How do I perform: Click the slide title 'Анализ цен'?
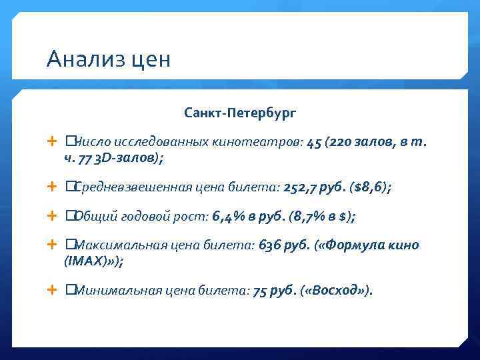pyautogui.click(x=109, y=59)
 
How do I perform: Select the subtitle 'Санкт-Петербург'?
pyautogui.click(x=240, y=113)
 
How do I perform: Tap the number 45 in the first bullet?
pyautogui.click(x=315, y=143)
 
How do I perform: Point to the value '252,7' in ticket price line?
pyautogui.click(x=298, y=188)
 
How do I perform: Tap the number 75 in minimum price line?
pyautogui.click(x=260, y=291)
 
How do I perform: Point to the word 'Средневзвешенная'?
pyautogui.click(x=130, y=188)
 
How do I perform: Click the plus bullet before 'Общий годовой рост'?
pyautogui.click(x=53, y=217)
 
